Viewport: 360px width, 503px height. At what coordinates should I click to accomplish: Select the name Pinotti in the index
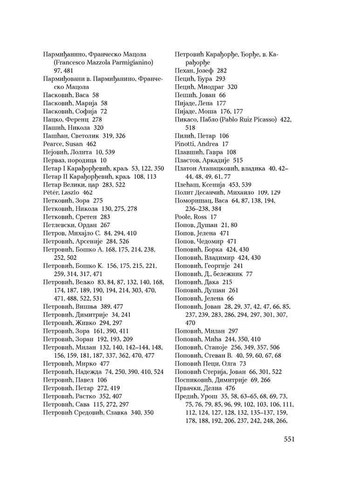tap(185, 144)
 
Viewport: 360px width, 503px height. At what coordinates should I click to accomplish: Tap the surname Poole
tap(183, 217)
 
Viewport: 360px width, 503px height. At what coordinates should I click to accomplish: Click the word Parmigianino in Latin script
tap(129, 62)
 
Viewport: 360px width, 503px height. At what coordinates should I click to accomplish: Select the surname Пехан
tap(184, 71)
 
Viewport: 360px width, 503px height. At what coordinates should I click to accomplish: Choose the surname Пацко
tap(52, 119)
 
